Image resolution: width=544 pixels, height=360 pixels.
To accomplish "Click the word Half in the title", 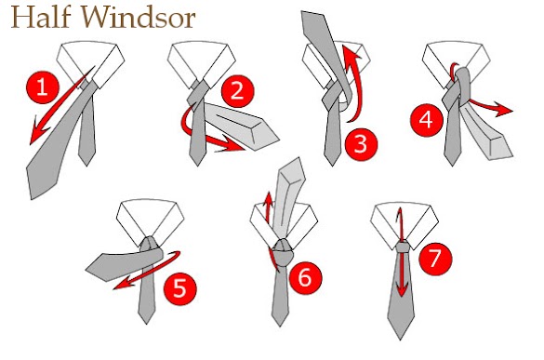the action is (x=41, y=17).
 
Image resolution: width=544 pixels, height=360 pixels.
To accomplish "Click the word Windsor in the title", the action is (x=139, y=17).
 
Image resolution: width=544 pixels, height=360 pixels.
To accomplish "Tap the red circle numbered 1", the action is (x=43, y=87).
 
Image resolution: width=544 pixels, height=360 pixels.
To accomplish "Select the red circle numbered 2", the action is (x=238, y=91).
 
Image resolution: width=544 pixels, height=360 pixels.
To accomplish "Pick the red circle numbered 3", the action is (x=361, y=144).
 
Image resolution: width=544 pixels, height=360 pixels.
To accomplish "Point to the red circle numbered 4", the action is (x=427, y=120).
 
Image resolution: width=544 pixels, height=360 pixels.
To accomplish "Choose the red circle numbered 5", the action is (x=179, y=288).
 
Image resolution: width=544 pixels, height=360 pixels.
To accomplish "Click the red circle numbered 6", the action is (x=305, y=278).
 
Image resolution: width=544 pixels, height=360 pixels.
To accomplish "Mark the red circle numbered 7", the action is (x=435, y=259).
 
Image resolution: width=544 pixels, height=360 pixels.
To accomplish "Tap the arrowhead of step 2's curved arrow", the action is (x=231, y=145).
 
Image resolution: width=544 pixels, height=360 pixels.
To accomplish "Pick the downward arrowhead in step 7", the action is (x=402, y=288).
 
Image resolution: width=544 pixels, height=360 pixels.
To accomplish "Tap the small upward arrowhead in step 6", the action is (x=268, y=200).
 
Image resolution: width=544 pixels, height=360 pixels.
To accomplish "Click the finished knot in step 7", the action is (x=403, y=247).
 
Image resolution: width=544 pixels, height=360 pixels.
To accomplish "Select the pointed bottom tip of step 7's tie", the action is (x=400, y=339).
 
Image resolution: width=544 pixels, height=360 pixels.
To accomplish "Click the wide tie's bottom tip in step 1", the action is (x=32, y=197).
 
